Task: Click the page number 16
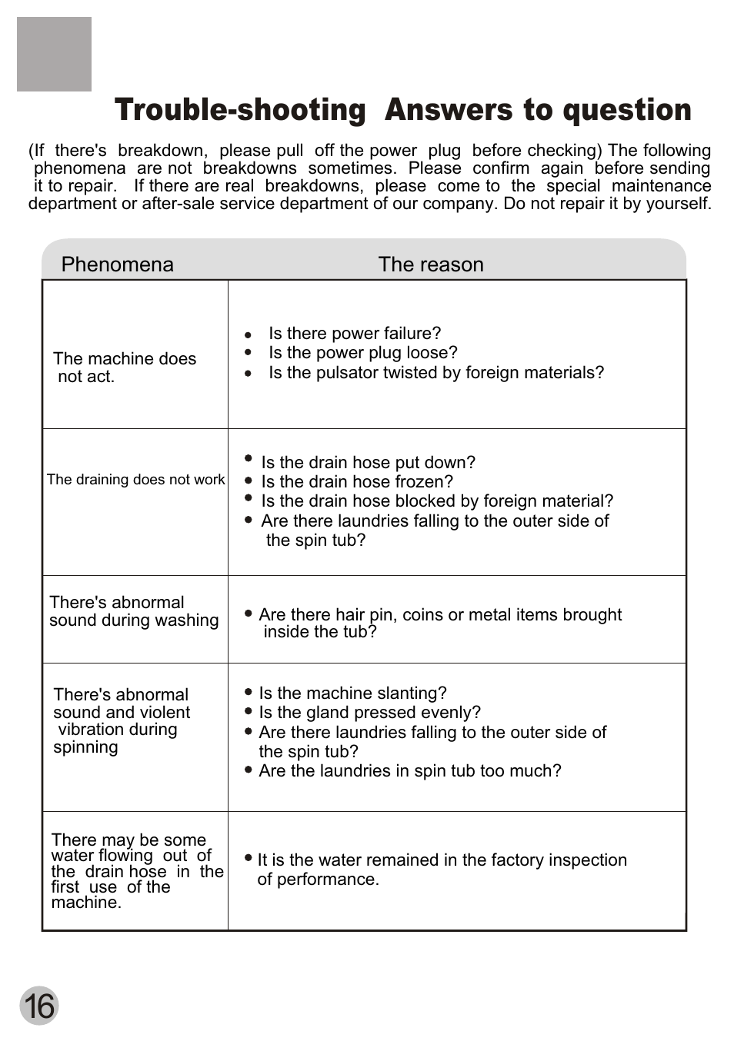click(38, 1006)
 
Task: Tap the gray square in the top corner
click(54, 54)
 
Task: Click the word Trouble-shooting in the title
click(240, 110)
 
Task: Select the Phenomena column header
click(117, 264)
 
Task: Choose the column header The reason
click(431, 264)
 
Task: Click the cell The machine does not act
click(124, 368)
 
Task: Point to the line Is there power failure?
click(355, 334)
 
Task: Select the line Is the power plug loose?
click(362, 353)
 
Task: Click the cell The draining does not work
click(135, 480)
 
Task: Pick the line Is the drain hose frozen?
click(357, 482)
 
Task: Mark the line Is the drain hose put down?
click(368, 463)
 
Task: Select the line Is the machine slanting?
click(352, 693)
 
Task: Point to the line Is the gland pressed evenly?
click(369, 713)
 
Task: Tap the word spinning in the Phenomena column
click(85, 748)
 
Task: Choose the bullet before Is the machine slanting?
click(249, 692)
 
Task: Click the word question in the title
click(627, 110)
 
